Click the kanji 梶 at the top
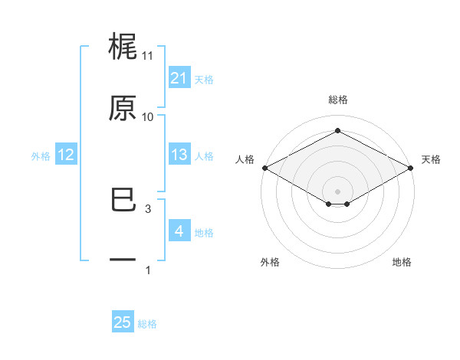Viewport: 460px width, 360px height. tap(123, 47)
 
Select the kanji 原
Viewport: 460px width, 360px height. tap(123, 109)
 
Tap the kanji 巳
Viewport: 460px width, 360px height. tap(123, 201)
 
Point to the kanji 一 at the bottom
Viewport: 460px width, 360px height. tap(123, 261)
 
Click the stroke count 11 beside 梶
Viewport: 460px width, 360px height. tap(147, 56)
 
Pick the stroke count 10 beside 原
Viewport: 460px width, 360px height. tap(147, 117)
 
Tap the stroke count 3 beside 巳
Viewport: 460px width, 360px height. tap(147, 208)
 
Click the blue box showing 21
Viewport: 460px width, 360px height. tap(179, 78)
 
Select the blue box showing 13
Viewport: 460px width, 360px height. tap(179, 155)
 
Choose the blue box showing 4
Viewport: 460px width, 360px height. tap(179, 231)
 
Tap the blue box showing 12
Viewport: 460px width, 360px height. tap(65, 155)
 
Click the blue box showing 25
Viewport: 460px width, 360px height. tap(123, 322)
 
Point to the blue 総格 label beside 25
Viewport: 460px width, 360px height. tap(147, 324)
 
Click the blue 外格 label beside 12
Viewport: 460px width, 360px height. tap(40, 155)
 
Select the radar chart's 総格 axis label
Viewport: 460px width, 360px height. tap(337, 100)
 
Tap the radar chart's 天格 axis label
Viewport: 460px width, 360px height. tap(431, 159)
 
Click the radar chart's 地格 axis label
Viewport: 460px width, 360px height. tap(402, 262)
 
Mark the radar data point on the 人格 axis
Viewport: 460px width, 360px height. tap(264, 168)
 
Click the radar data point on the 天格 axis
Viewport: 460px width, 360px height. tap(412, 168)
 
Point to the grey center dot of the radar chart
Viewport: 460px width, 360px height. tap(337, 191)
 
